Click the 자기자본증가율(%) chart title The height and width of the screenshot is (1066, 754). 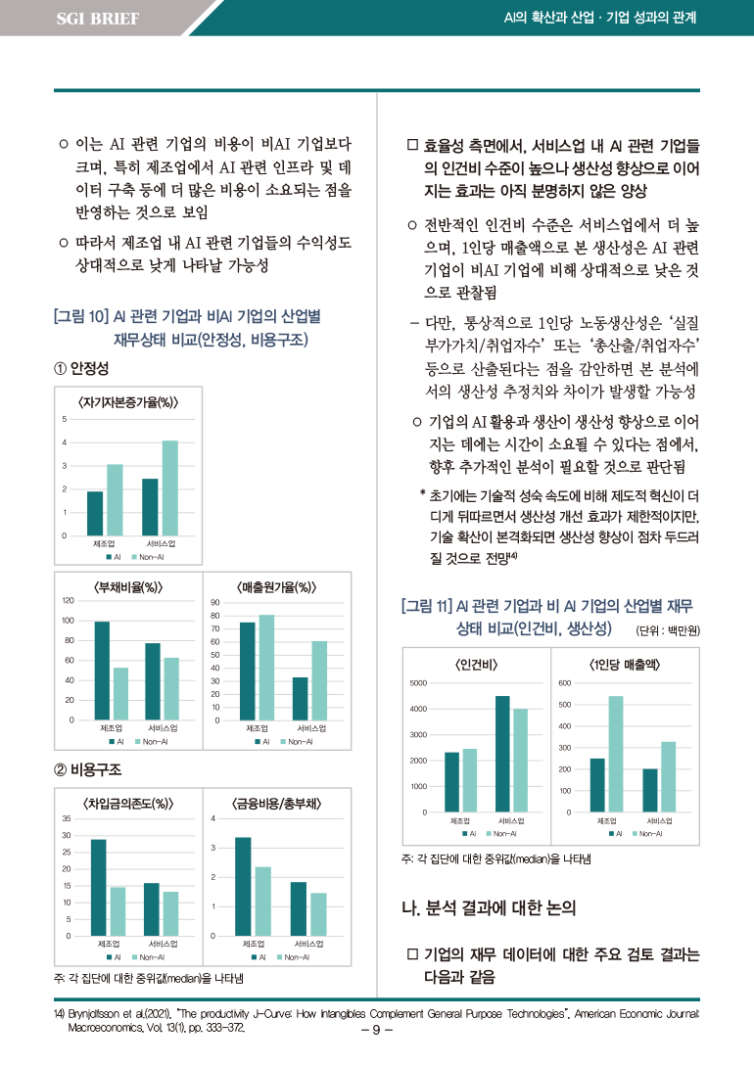(x=127, y=401)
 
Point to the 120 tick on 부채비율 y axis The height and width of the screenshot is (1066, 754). (x=69, y=600)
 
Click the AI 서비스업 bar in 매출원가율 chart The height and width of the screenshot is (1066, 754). (x=300, y=698)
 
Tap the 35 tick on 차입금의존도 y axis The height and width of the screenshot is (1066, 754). (x=67, y=818)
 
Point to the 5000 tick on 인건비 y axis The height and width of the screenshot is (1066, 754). (x=418, y=682)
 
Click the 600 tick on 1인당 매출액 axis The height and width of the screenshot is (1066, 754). (x=564, y=682)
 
